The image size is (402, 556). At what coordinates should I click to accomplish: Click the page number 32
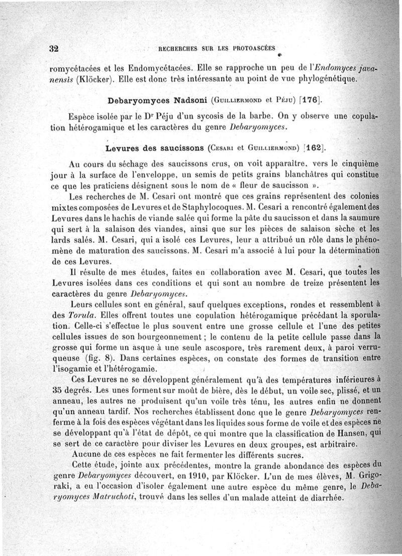click(54, 49)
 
